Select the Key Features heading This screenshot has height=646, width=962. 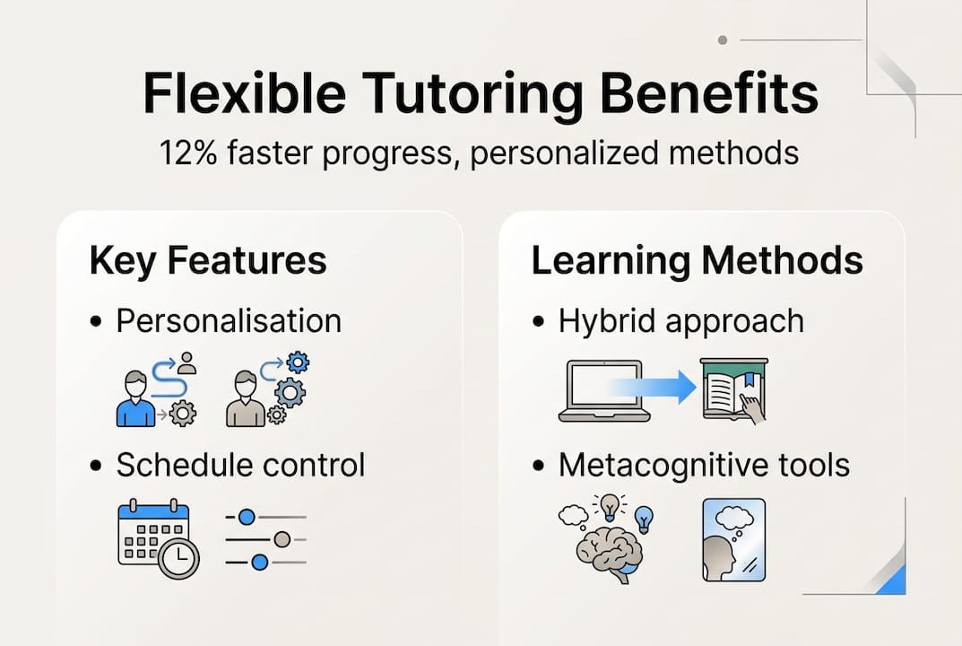208,260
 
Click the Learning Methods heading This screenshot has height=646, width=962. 697,260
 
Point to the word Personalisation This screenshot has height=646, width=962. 229,321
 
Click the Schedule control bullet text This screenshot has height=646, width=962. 240,465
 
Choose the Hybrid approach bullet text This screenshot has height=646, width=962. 681,321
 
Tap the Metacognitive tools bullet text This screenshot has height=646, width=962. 704,465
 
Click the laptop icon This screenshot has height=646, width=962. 603,390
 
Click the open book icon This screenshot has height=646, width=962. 733,390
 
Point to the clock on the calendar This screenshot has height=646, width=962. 180,559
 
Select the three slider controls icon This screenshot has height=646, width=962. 265,539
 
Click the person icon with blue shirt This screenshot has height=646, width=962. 136,399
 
